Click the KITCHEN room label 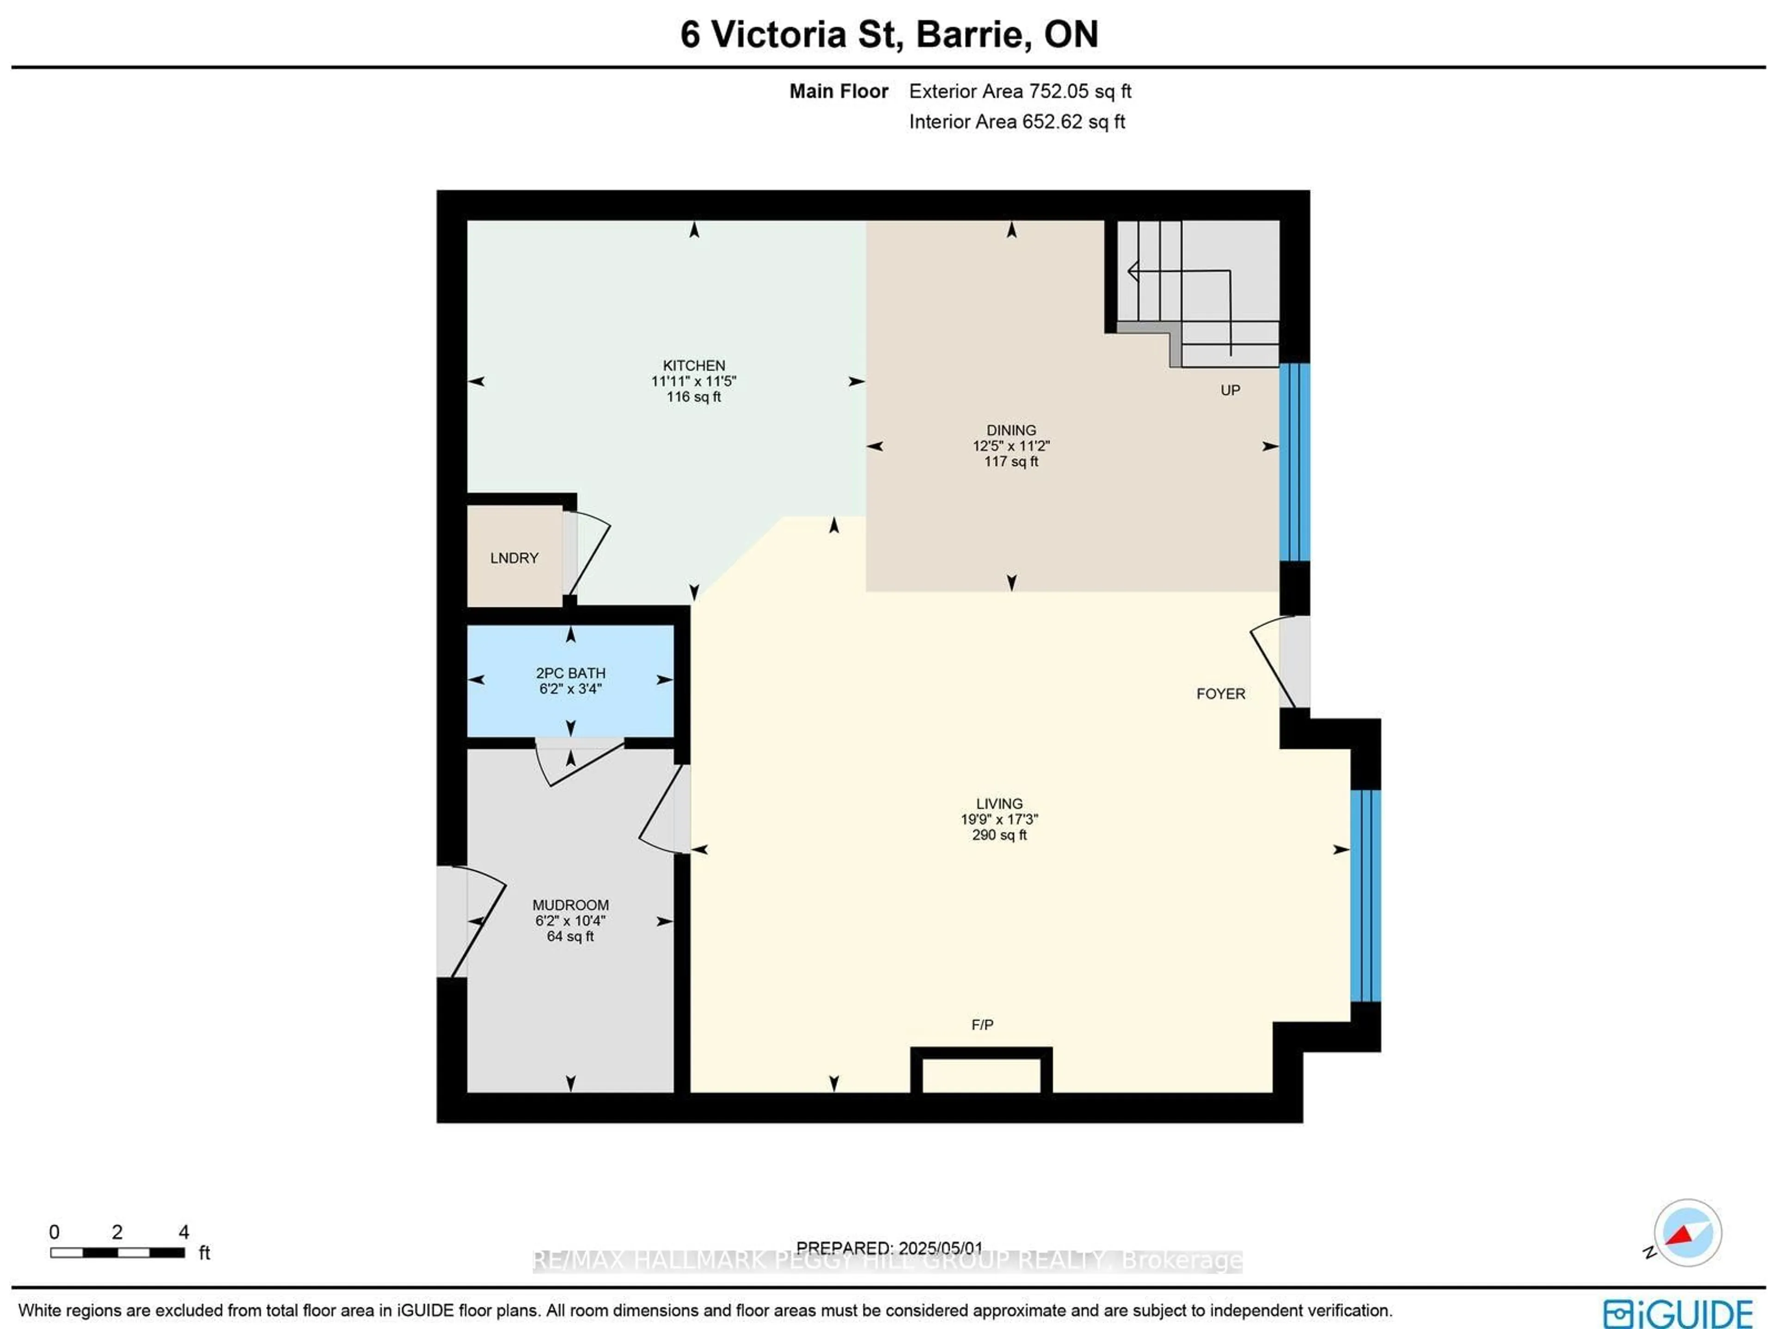693,365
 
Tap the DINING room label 1011,430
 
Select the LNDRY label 514,558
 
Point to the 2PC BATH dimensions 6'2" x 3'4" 570,689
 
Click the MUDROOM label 570,905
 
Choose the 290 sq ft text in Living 999,835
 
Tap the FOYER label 1220,693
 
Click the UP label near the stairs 1230,390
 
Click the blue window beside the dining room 1294,462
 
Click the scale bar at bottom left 117,1252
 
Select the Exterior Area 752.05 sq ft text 1020,92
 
